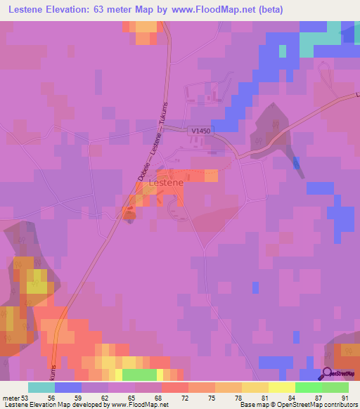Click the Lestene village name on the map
(x=167, y=183)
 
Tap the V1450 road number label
(x=200, y=130)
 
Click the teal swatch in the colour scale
(x=41, y=387)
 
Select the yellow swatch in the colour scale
(x=281, y=387)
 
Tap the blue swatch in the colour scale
(x=67, y=387)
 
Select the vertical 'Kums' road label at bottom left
(x=53, y=371)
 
